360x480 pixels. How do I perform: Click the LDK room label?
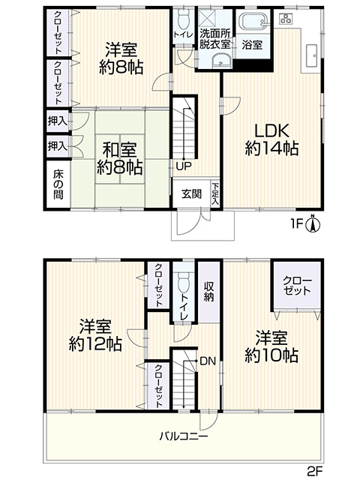tap(271, 140)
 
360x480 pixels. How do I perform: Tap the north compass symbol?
tap(313, 224)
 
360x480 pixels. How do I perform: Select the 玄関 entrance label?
tap(191, 193)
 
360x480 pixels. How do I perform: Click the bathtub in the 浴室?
tap(253, 21)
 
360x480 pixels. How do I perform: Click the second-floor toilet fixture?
tap(184, 282)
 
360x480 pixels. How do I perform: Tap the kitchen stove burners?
tap(286, 19)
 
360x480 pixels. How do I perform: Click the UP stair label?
tap(184, 166)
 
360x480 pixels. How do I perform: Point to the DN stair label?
tap(208, 361)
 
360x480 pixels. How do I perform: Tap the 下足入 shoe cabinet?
tap(215, 193)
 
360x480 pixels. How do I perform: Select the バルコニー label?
tap(184, 436)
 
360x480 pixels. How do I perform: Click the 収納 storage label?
tap(209, 292)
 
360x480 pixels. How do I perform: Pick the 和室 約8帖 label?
tap(119, 158)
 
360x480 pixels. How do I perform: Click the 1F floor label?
tap(297, 224)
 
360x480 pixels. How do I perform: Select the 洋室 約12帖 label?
tap(95, 335)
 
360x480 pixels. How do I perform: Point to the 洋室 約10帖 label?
tap(271, 346)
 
